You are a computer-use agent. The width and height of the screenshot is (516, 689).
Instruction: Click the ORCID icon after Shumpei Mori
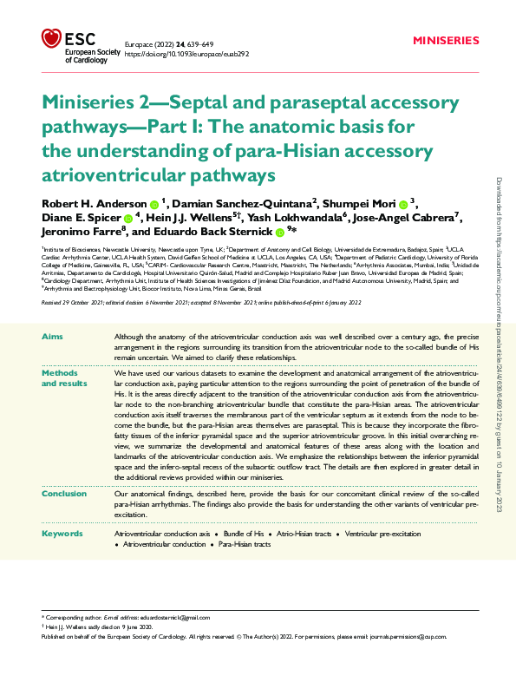(x=403, y=205)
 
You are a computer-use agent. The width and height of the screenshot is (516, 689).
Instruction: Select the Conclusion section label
(x=64, y=492)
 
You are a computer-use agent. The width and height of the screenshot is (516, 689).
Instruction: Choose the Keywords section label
(x=62, y=533)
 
